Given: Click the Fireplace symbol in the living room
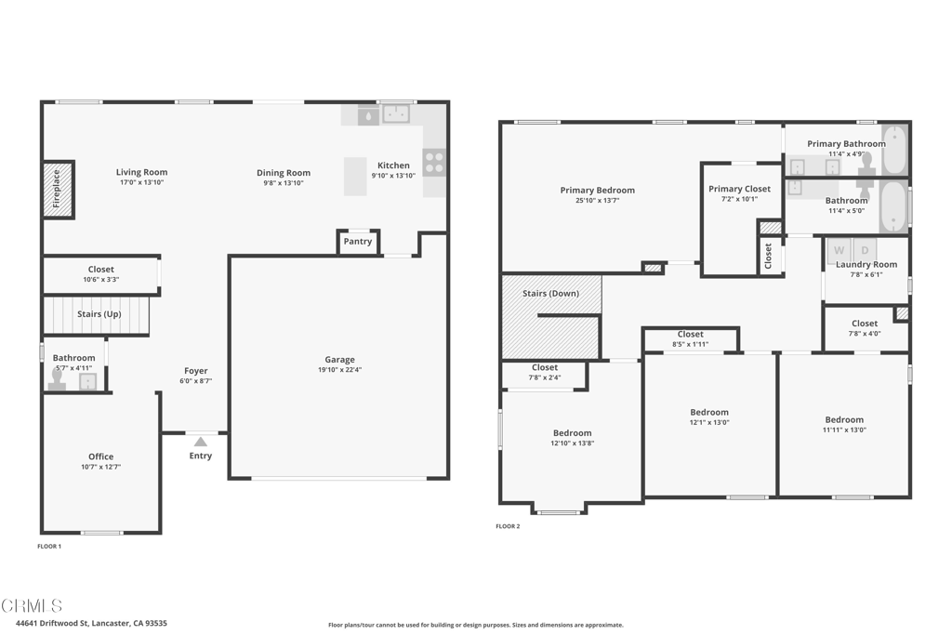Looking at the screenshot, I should pyautogui.click(x=58, y=190).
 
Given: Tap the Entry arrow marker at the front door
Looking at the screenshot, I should pyautogui.click(x=200, y=442).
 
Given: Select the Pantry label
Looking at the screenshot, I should pyautogui.click(x=358, y=242).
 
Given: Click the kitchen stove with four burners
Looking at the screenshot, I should pyautogui.click(x=434, y=163).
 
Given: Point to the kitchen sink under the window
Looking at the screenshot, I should pyautogui.click(x=397, y=113).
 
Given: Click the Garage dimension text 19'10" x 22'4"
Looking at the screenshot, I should pyautogui.click(x=339, y=370).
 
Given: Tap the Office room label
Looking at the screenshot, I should pyautogui.click(x=101, y=456).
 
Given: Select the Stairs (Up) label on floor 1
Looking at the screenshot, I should pyautogui.click(x=99, y=314).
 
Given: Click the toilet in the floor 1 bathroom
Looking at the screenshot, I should pyautogui.click(x=58, y=381).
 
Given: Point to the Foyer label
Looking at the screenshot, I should pyautogui.click(x=195, y=371).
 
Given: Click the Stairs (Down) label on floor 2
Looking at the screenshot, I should pyautogui.click(x=550, y=294).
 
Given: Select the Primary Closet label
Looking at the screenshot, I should pyautogui.click(x=739, y=189).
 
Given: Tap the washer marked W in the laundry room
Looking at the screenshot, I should pyautogui.click(x=839, y=250).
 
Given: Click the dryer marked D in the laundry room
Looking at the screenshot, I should pyautogui.click(x=864, y=250).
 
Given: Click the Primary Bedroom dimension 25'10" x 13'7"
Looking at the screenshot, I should pyautogui.click(x=597, y=200).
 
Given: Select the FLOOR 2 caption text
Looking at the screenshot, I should pyautogui.click(x=508, y=526).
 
